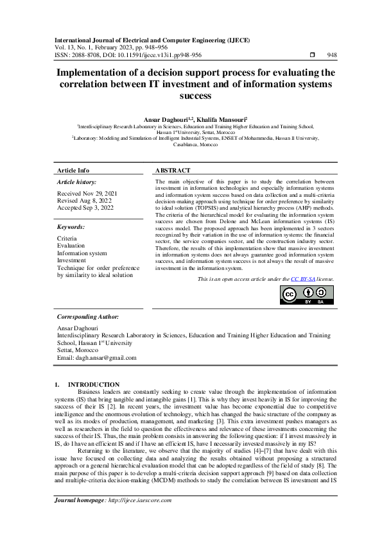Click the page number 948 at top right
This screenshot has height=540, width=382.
coord(332,55)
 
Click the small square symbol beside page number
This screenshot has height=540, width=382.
coord(312,55)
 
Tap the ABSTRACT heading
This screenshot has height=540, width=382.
coord(173,171)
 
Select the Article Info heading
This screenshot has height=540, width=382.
coord(73,171)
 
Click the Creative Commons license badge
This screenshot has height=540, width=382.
coord(307,294)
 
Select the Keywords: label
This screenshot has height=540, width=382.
coord(71,227)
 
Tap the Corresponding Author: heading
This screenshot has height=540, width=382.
coord(87,317)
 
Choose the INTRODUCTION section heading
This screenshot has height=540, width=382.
coord(94,384)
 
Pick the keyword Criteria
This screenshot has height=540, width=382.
coord(67,238)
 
